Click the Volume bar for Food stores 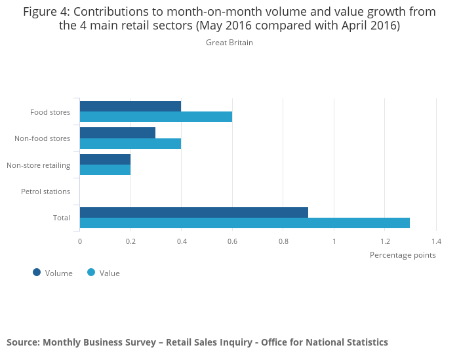(x=130, y=106)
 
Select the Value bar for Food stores (x=156, y=117)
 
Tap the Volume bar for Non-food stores (x=117, y=132)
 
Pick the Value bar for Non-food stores (x=130, y=144)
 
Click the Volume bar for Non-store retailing (x=105, y=159)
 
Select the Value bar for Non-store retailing (x=105, y=170)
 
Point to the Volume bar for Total (x=194, y=212)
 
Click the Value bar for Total (x=245, y=223)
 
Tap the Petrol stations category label (x=45, y=191)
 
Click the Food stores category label (x=50, y=112)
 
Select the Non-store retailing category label (x=38, y=165)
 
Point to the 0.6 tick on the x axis (x=232, y=241)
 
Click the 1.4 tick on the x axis (x=436, y=241)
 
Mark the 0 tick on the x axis (x=80, y=241)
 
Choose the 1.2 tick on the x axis (x=385, y=241)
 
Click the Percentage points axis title (x=403, y=255)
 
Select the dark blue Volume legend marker (x=37, y=273)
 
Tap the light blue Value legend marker (x=91, y=273)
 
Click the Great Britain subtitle (x=229, y=43)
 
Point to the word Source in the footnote (x=22, y=342)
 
